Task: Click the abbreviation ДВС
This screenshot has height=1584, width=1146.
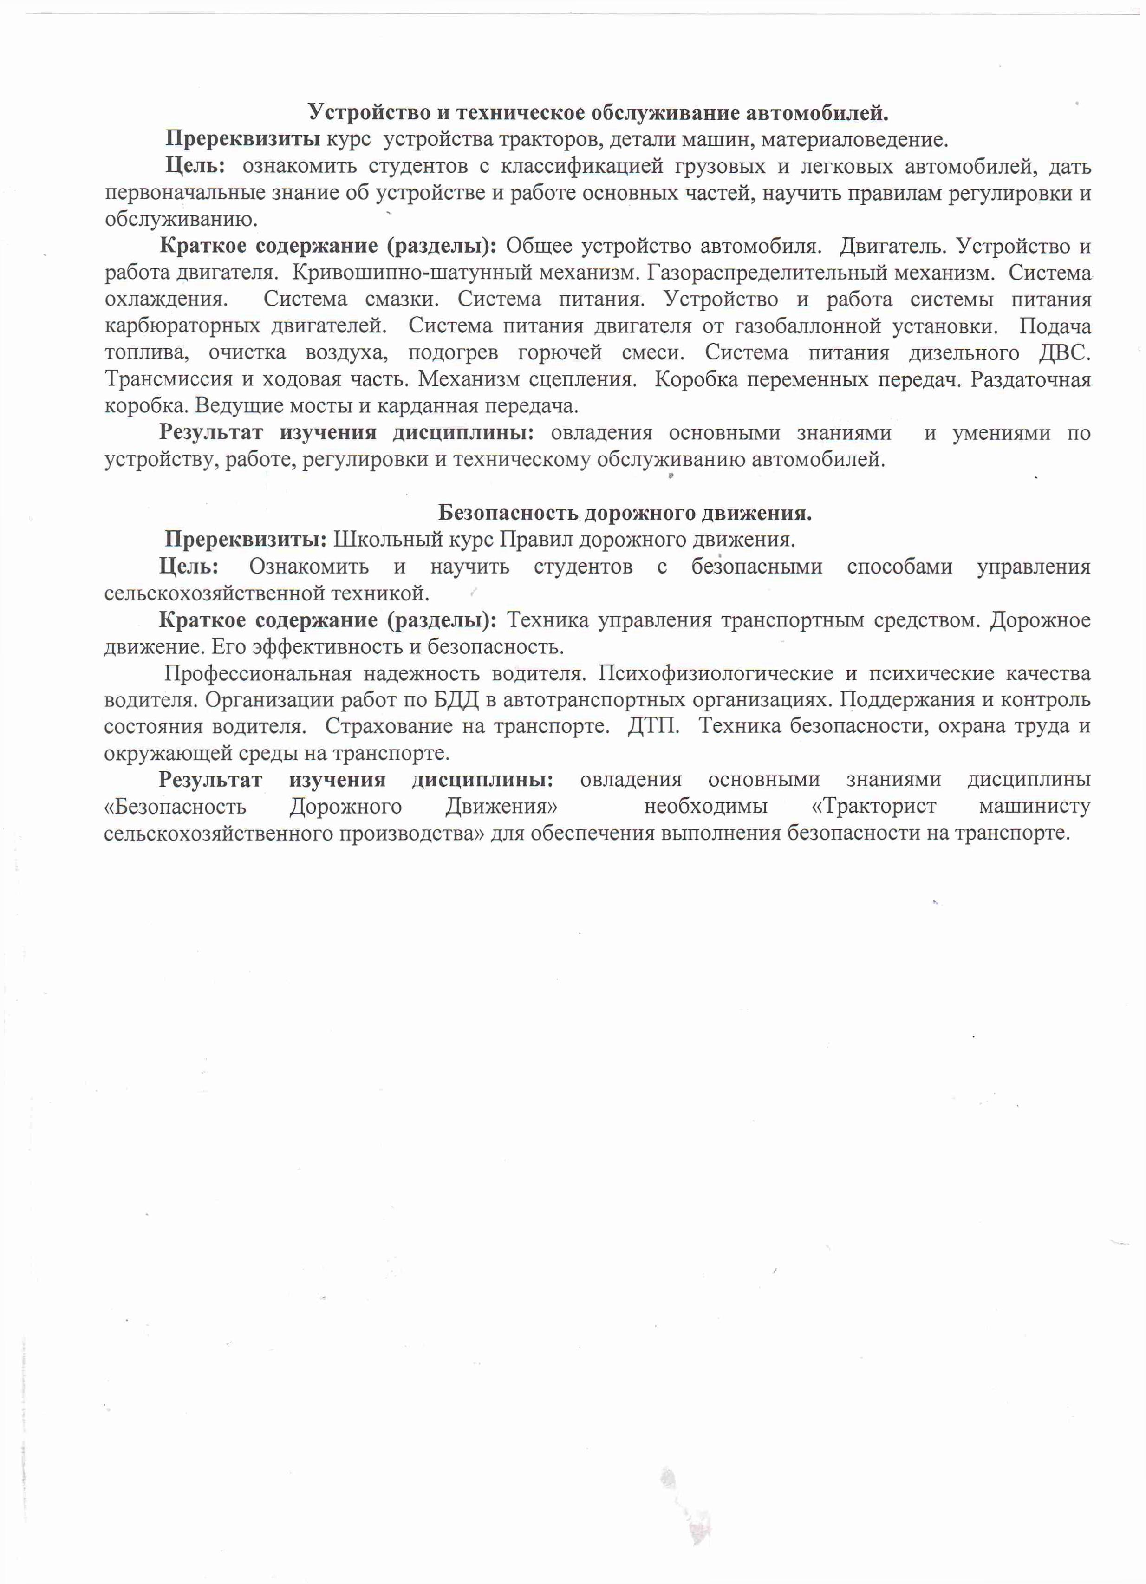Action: point(1064,353)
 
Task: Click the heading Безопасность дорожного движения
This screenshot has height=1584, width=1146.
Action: point(625,513)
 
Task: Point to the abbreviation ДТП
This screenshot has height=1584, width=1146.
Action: point(653,726)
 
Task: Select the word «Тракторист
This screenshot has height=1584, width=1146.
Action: point(873,807)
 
